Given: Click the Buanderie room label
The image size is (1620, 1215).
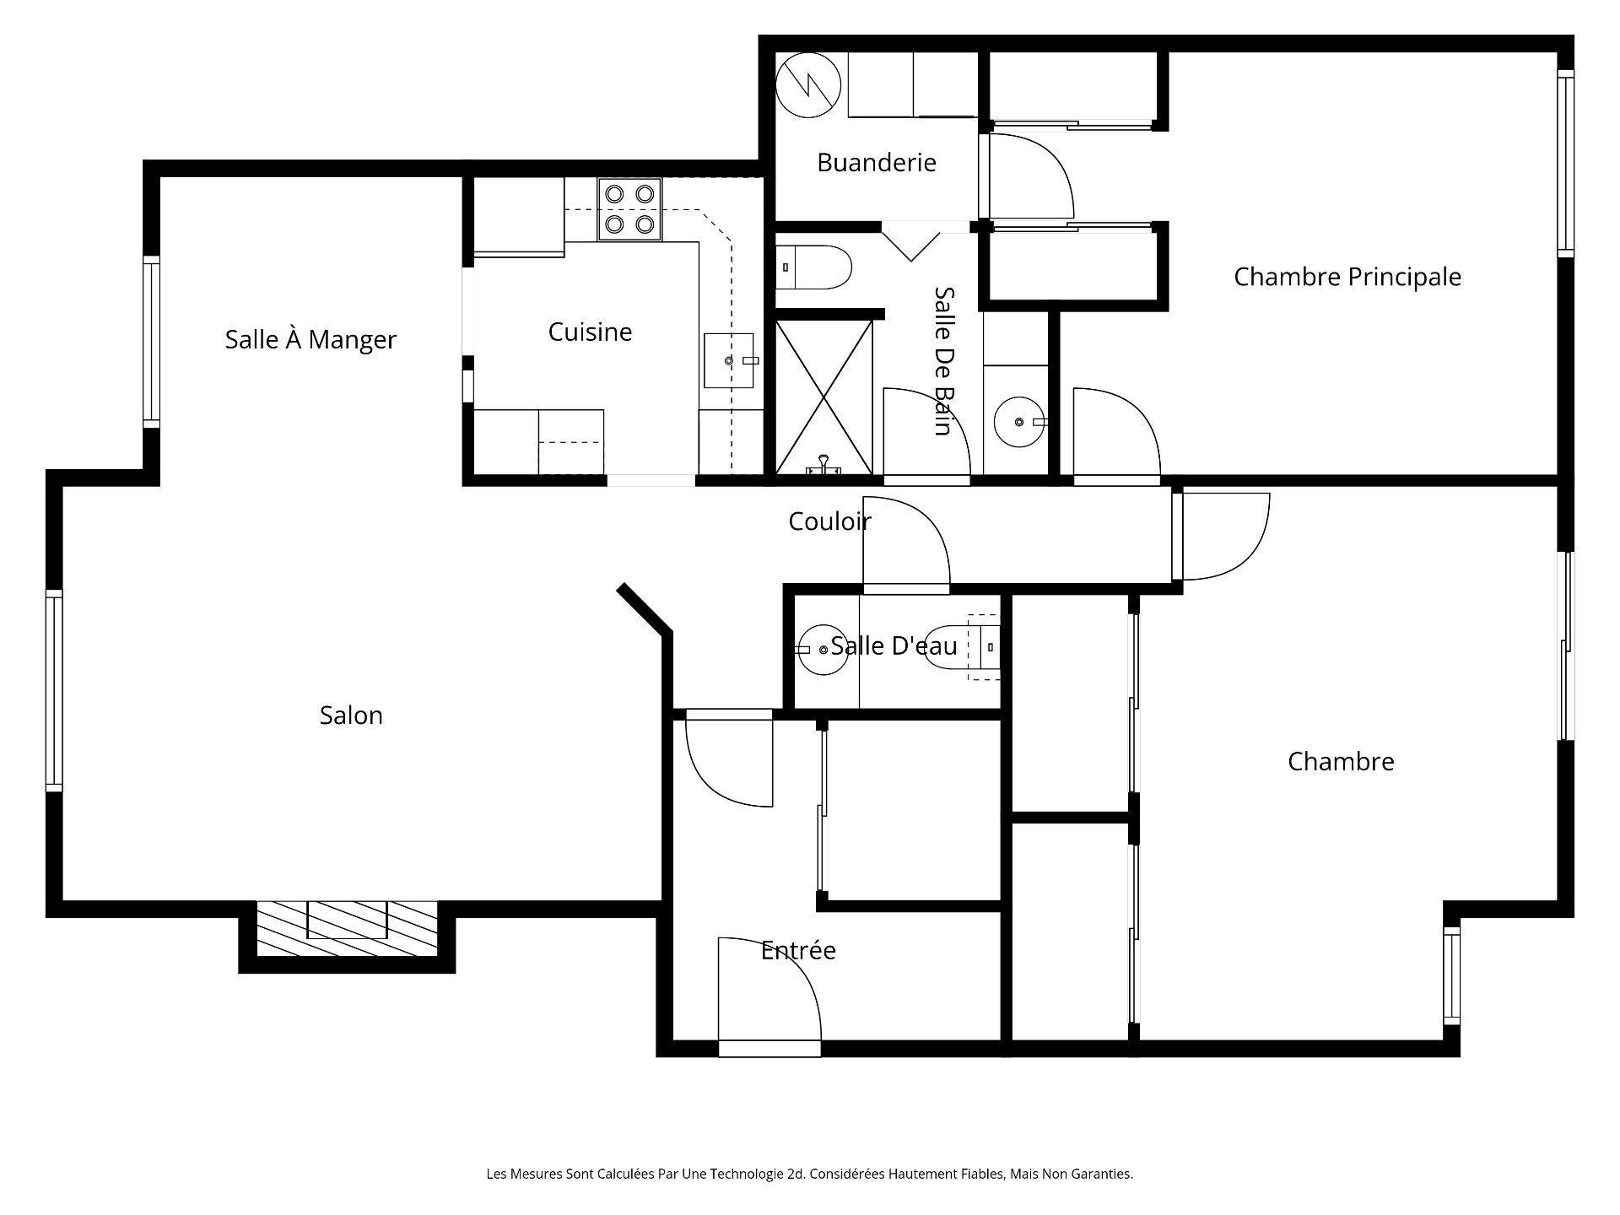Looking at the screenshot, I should pos(876,162).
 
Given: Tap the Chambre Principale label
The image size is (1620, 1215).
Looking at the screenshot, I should pos(1347,277).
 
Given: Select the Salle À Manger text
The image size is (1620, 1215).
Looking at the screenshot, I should pos(310,339).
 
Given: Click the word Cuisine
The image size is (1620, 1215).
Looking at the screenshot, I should pos(590,332).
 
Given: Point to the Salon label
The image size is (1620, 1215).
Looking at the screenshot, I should pos(351,715).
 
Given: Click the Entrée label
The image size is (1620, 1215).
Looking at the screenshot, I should pos(798,950).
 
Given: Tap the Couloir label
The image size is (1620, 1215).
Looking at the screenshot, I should pos(829,521).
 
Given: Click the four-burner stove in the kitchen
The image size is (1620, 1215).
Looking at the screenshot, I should pos(630,209).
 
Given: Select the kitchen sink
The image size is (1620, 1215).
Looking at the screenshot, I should pos(729,360).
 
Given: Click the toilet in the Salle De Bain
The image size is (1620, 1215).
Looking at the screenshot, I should pos(813,267).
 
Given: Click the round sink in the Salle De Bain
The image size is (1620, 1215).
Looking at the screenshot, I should pos(1018,421).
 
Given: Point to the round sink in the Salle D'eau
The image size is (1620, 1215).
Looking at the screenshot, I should pos(823,649).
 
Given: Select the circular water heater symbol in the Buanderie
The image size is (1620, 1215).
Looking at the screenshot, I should pos(808,85).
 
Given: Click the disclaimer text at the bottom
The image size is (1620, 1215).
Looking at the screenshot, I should pos(809,1174).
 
